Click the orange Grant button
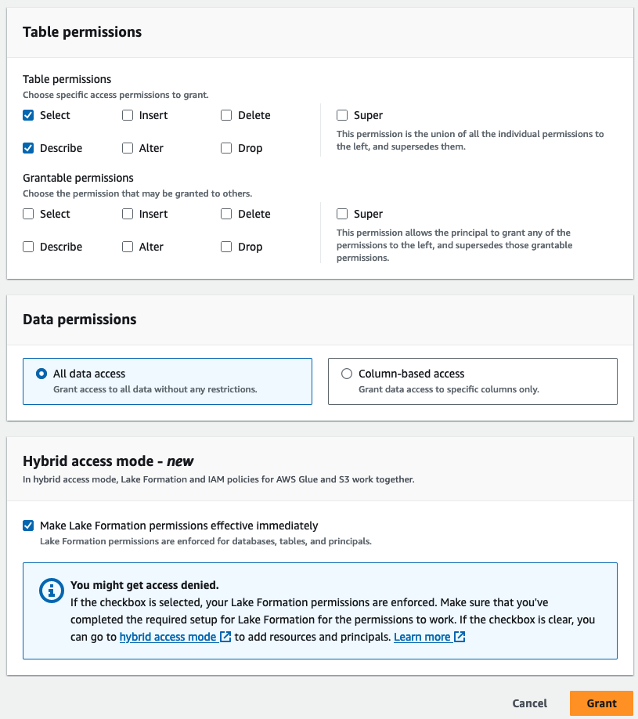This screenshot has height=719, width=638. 601,703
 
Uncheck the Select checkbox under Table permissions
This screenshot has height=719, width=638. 29,115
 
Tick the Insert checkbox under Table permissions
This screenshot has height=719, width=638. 128,115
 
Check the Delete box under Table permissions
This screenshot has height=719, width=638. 226,115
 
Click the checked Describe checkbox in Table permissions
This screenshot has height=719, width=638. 29,148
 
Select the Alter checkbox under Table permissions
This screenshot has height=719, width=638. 128,148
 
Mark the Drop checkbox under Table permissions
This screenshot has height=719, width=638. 226,148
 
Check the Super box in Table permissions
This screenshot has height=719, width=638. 342,115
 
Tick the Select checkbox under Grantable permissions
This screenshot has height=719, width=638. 29,214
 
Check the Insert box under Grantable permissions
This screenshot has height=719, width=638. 128,214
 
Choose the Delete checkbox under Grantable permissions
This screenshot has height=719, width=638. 226,214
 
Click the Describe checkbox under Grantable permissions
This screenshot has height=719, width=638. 29,247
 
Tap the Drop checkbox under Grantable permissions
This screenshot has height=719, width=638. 226,247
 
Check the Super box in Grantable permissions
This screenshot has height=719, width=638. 342,214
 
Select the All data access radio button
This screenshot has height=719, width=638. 41,374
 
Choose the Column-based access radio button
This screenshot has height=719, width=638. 347,374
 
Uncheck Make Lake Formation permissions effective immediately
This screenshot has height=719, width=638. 29,526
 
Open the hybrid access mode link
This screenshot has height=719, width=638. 168,637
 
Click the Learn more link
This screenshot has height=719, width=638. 423,637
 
